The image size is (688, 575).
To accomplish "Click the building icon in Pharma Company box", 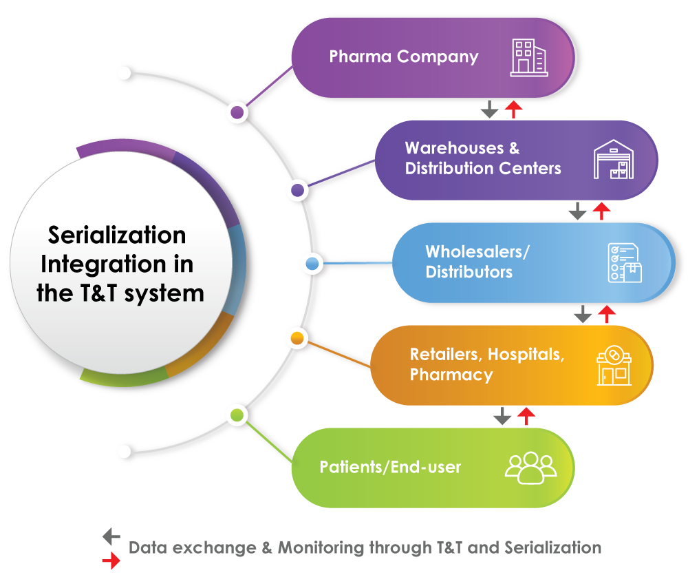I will [529, 58].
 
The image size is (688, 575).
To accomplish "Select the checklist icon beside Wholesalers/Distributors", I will [624, 263].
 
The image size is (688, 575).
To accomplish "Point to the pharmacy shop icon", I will [614, 366].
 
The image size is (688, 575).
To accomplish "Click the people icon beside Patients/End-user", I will [530, 467].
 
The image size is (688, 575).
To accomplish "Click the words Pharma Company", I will [404, 56].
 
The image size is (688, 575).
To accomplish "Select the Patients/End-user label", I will [390, 468].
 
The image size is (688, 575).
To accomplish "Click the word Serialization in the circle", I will [117, 236].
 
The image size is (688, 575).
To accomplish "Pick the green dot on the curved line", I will [237, 415].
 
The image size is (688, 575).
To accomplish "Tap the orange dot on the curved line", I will [298, 338].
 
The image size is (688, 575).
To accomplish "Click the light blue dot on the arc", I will [312, 264].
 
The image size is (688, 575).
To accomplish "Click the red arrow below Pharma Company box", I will [513, 109].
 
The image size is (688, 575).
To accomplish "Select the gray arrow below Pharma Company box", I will [489, 109].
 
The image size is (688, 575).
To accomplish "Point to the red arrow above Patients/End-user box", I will [526, 415].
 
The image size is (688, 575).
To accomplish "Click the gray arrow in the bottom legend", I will [111, 536].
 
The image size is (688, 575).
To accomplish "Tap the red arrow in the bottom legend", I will [111, 561].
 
